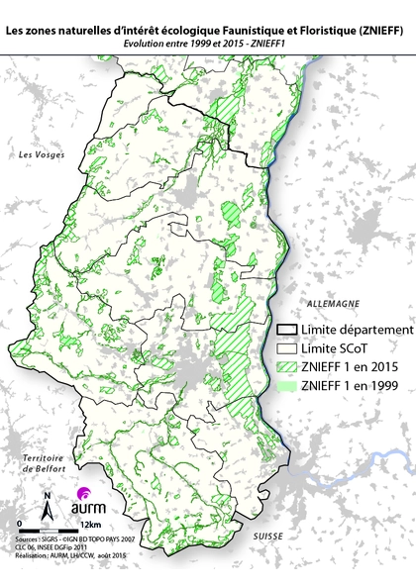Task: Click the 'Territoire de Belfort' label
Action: click(x=43, y=465)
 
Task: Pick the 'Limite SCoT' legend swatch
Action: click(x=289, y=348)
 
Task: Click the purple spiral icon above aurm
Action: click(x=83, y=493)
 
